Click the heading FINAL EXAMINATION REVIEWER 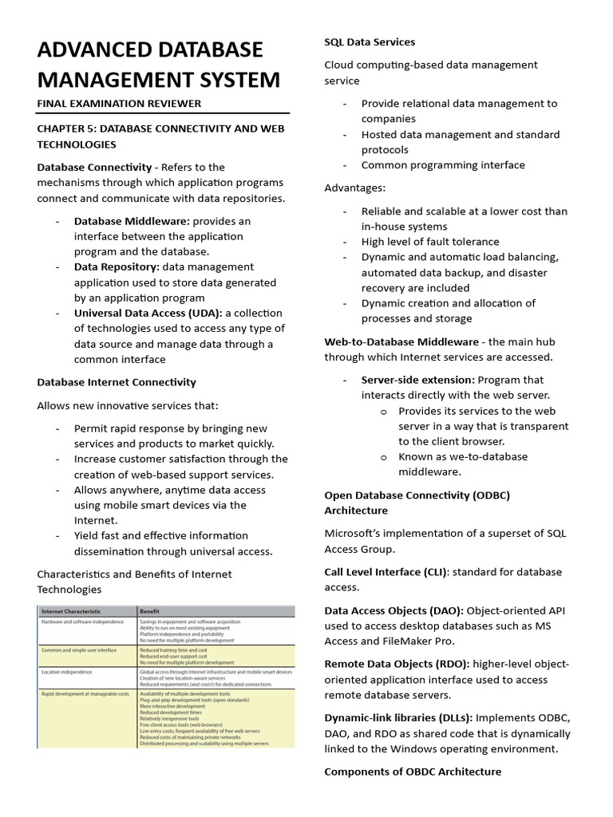coord(119,104)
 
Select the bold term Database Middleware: coord(132,221)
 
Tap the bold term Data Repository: coord(117,267)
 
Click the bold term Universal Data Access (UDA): coord(148,314)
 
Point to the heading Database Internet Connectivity coord(117,383)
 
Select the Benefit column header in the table coord(150,611)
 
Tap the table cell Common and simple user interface coord(79,650)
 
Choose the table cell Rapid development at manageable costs coord(85,695)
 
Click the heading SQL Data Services coord(370,42)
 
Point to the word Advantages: coord(354,188)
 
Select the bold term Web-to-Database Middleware coord(401,342)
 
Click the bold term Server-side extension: coord(418,381)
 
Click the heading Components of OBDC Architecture coord(413,772)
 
